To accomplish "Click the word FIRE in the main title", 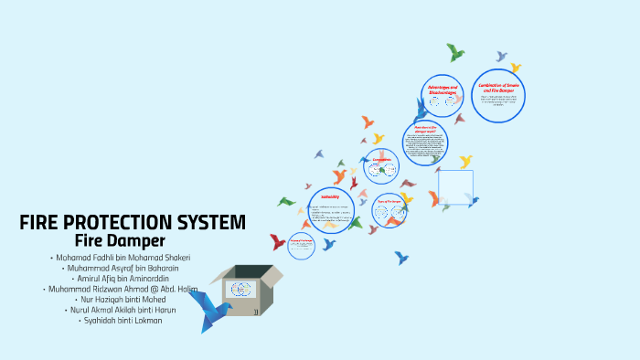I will (41, 223).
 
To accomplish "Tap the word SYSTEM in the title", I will (216, 223).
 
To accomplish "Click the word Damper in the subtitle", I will (143, 241).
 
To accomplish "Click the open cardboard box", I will (246, 291).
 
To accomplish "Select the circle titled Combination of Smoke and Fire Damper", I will (499, 96).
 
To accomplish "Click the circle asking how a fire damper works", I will (425, 141).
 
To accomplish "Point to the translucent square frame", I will (455, 187).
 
